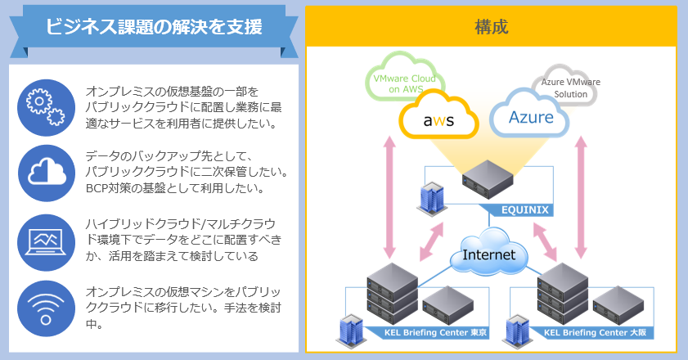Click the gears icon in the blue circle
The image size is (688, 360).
pyautogui.click(x=46, y=107)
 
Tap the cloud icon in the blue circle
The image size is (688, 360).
pyautogui.click(x=47, y=172)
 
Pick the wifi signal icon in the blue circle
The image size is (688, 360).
pyautogui.click(x=46, y=308)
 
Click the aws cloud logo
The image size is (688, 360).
pyautogui.click(x=438, y=115)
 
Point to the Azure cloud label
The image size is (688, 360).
pyautogui.click(x=531, y=117)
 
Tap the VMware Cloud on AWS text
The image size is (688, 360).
pyautogui.click(x=405, y=83)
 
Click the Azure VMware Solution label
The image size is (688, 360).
pyautogui.click(x=570, y=88)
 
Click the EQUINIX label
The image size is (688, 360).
pyautogui.click(x=524, y=210)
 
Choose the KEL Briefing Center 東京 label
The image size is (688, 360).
pyautogui.click(x=435, y=333)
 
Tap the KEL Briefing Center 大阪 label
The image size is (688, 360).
pyautogui.click(x=595, y=333)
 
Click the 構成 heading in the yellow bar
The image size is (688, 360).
pyautogui.click(x=492, y=27)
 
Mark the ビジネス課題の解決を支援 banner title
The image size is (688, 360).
pyautogui.click(x=154, y=26)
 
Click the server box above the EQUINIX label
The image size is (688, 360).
pyautogui.click(x=488, y=179)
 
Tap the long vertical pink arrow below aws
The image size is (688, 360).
pyautogui.click(x=389, y=197)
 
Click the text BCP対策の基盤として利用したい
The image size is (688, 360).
pyautogui.click(x=175, y=188)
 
